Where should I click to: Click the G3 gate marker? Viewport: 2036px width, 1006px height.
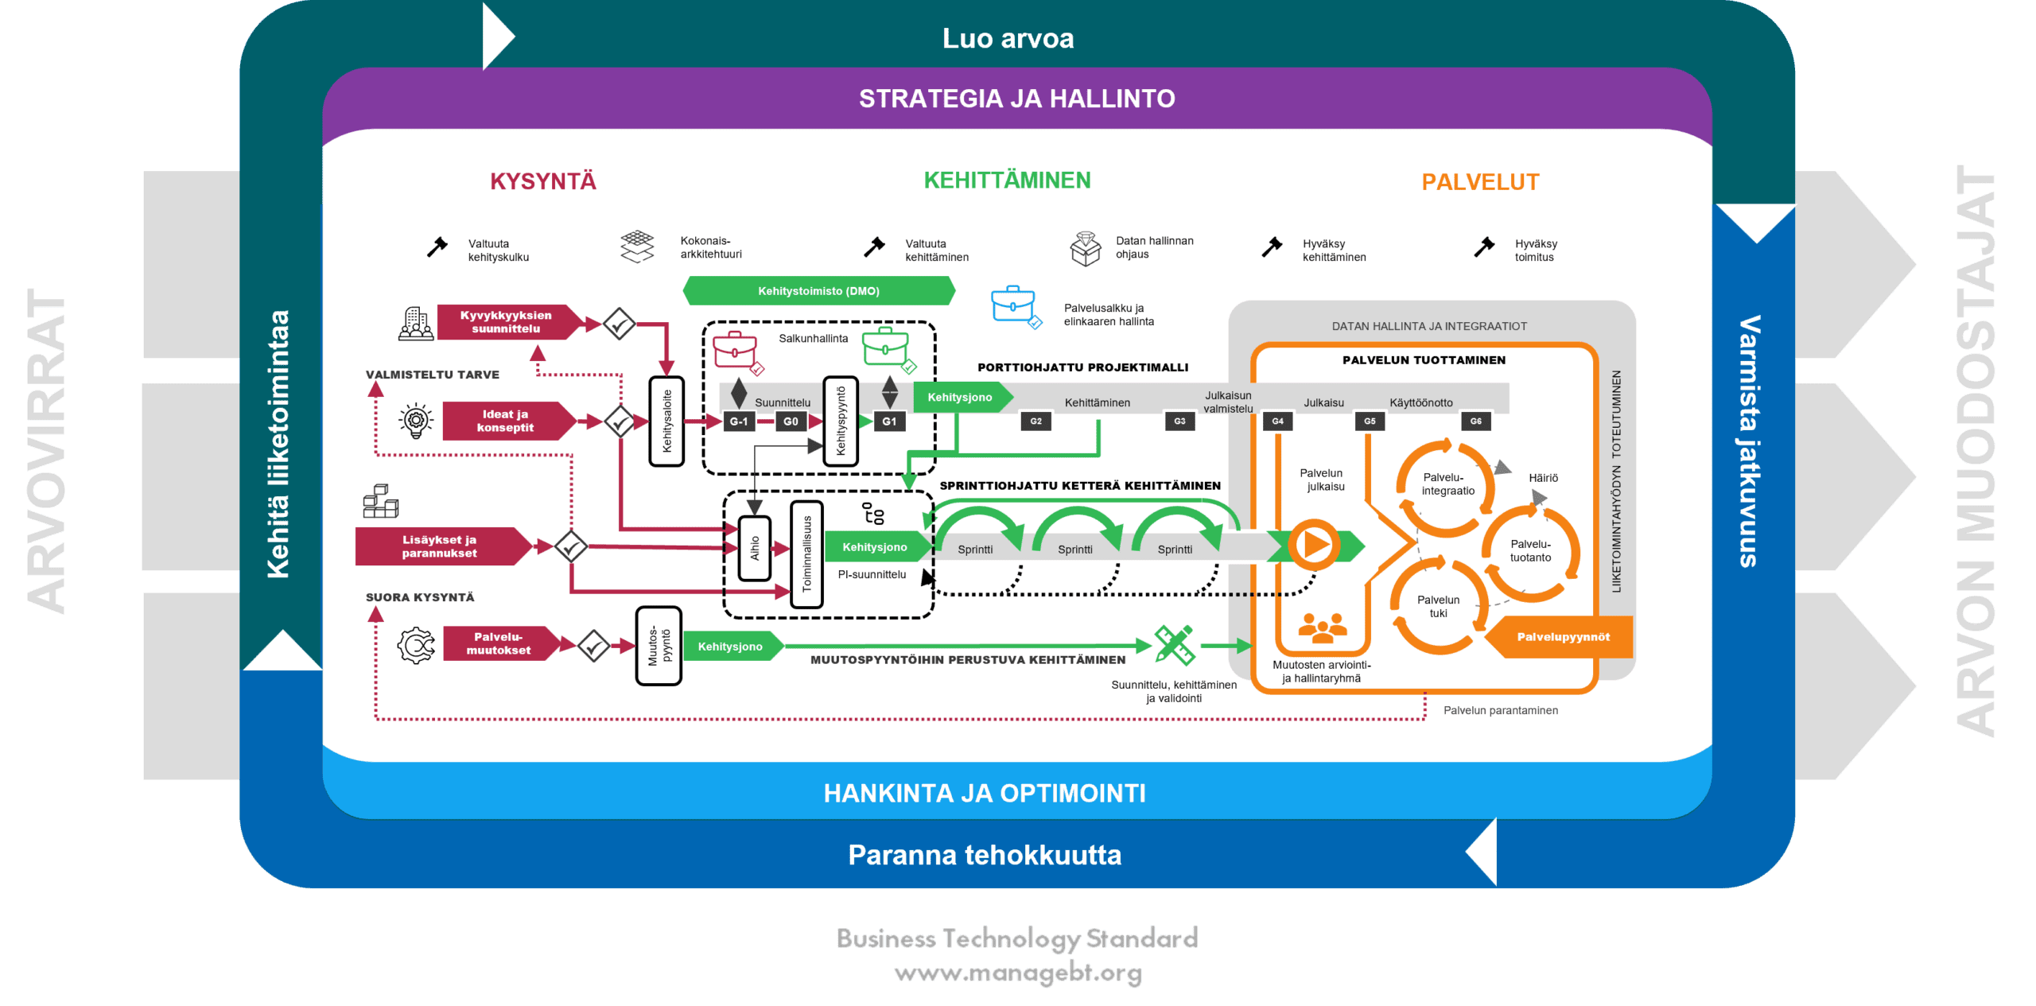click(x=1179, y=421)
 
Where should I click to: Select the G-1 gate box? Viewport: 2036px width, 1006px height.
click(x=739, y=421)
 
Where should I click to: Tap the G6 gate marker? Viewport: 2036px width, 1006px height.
click(x=1475, y=421)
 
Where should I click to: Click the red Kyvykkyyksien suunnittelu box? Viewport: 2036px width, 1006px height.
click(x=506, y=322)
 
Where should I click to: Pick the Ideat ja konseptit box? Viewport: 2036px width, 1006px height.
click(x=506, y=421)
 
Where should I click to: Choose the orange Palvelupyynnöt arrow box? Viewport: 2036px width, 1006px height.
click(x=1560, y=637)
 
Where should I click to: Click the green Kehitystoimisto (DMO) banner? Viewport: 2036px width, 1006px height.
click(x=818, y=291)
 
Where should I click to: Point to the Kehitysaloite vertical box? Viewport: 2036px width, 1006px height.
click(x=667, y=421)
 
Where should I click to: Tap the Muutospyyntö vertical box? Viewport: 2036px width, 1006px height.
click(x=659, y=646)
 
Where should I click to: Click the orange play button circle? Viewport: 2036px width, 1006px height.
click(x=1314, y=546)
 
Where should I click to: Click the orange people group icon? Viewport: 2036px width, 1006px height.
click(x=1322, y=628)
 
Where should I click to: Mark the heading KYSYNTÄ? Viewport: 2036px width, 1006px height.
click(x=543, y=181)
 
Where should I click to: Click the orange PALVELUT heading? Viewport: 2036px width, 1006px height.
click(x=1480, y=182)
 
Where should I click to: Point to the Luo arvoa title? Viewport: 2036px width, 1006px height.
click(x=1008, y=38)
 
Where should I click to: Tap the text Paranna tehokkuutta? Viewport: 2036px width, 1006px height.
click(x=985, y=855)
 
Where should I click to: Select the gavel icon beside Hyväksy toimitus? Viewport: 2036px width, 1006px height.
click(x=1483, y=247)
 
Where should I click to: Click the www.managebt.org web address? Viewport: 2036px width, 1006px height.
click(x=1018, y=973)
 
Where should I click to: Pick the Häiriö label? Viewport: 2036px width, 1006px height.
click(x=1543, y=478)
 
